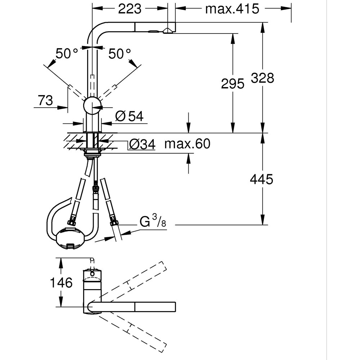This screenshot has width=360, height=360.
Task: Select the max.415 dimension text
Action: coord(232,9)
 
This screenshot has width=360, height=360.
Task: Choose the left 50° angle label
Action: coord(67,54)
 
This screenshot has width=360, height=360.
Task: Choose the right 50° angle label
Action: coord(120,54)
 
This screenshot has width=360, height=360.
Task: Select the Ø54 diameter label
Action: coord(130,116)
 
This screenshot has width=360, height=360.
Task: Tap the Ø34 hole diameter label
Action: coord(142,145)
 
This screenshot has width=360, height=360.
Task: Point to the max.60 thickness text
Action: coord(187,144)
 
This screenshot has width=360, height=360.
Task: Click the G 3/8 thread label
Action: coord(153,222)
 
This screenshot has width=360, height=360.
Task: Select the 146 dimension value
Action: coord(62,283)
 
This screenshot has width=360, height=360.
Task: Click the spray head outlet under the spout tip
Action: coord(167,32)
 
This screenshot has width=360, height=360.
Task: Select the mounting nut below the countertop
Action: coord(93,154)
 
